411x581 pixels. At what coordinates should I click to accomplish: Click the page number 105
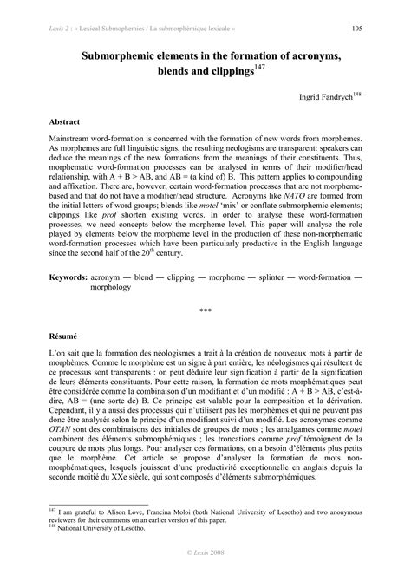point(356,28)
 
